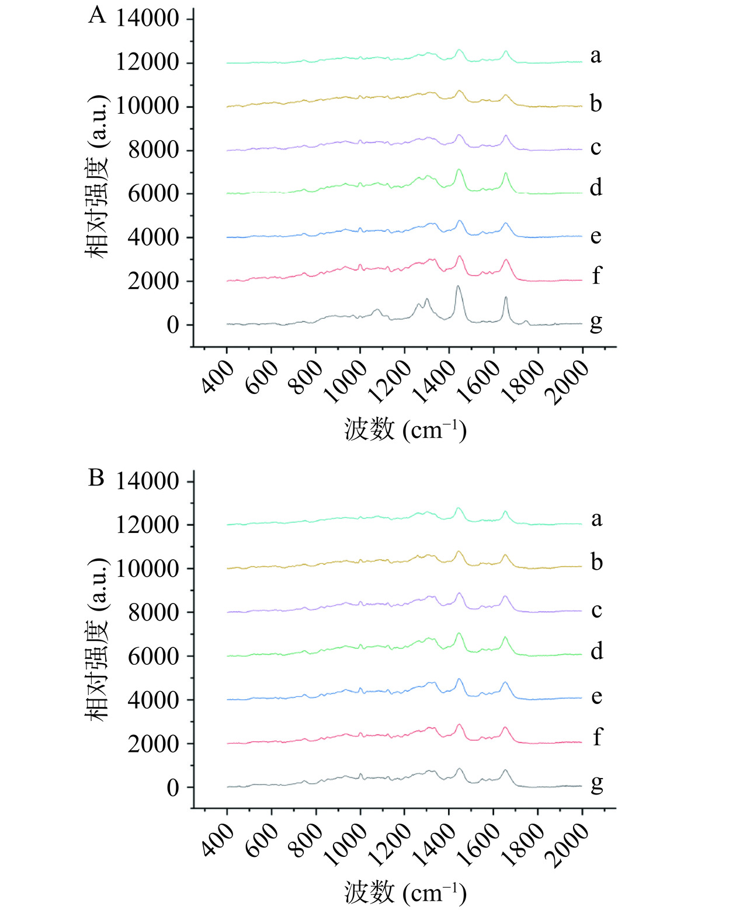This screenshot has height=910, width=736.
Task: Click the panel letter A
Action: click(x=97, y=15)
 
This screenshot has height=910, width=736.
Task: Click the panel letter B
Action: click(x=96, y=477)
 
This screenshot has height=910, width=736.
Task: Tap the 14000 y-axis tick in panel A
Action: click(x=147, y=19)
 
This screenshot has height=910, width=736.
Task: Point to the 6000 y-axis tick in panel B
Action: click(x=153, y=657)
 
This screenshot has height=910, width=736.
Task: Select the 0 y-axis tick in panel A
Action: click(x=173, y=325)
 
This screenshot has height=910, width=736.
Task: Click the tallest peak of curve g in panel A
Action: click(x=458, y=286)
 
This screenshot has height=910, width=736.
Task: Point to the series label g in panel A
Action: click(x=596, y=322)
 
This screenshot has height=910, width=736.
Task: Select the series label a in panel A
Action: click(x=595, y=55)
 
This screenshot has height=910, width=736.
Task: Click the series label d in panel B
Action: click(x=596, y=650)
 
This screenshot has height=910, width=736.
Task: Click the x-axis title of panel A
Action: click(x=405, y=430)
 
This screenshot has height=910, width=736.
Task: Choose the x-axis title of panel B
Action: click(x=405, y=892)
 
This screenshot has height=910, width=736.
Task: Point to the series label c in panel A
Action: click(x=595, y=148)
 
